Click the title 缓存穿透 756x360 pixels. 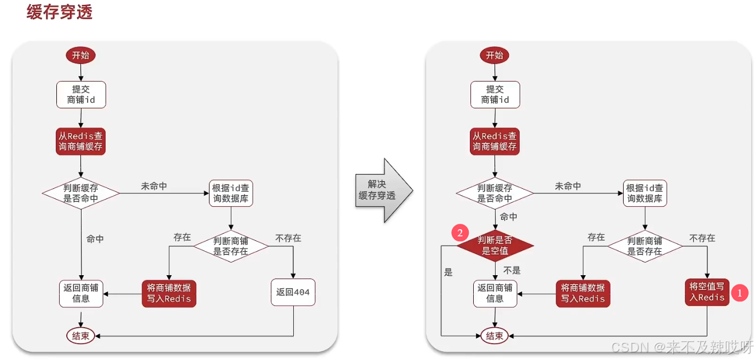pyautogui.click(x=60, y=12)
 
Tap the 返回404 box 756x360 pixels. pyautogui.click(x=293, y=292)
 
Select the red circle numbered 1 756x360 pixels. pyautogui.click(x=740, y=293)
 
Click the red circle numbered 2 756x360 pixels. pyautogui.click(x=460, y=233)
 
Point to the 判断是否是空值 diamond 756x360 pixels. pyautogui.click(x=495, y=246)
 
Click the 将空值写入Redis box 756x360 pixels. pyautogui.click(x=707, y=292)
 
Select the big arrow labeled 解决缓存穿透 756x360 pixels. pyautogui.click(x=382, y=190)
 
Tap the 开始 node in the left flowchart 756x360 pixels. pyautogui.click(x=81, y=55)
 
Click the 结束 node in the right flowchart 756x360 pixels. pyautogui.click(x=495, y=336)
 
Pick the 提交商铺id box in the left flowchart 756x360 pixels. pyautogui.click(x=81, y=95)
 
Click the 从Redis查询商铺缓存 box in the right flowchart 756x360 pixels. pyautogui.click(x=495, y=141)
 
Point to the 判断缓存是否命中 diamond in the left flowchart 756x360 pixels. pyautogui.click(x=81, y=193)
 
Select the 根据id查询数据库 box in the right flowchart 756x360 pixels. pyautogui.click(x=644, y=193)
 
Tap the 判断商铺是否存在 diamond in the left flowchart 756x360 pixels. pyautogui.click(x=231, y=246)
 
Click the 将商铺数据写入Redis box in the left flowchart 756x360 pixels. pyautogui.click(x=168, y=293)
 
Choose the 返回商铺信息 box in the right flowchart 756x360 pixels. pyautogui.click(x=495, y=293)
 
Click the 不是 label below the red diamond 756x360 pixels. pyautogui.click(x=511, y=271)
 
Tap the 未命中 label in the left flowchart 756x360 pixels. pyautogui.click(x=154, y=187)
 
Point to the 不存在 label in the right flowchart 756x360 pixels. pyautogui.click(x=702, y=238)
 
